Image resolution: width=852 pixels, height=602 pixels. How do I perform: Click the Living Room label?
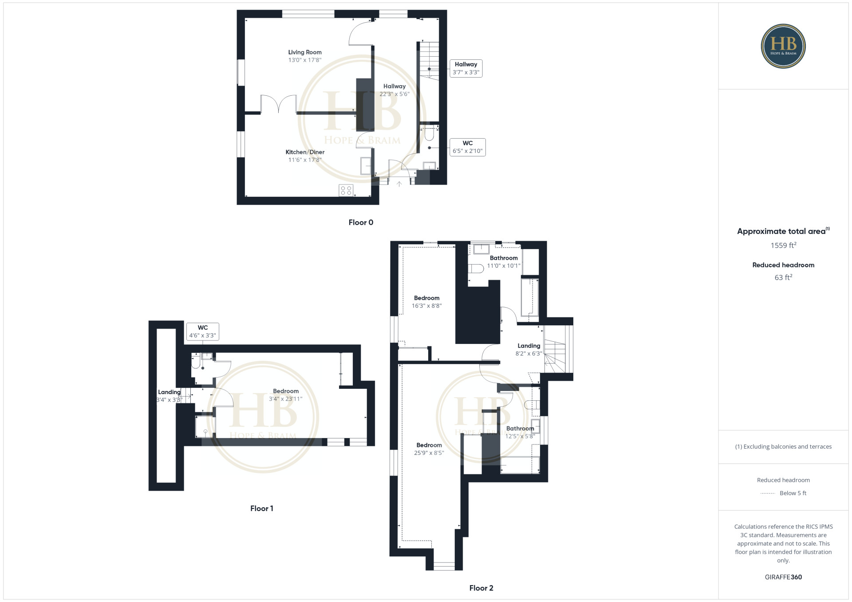point(305,52)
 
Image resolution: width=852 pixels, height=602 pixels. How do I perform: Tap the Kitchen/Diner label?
point(305,152)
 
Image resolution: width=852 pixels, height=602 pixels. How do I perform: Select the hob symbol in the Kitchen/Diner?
point(346,191)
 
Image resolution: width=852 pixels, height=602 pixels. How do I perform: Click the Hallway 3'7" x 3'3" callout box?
point(466,68)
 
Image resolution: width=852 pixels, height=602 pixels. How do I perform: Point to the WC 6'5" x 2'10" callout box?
point(468,147)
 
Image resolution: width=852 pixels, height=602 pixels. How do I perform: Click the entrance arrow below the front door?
point(399,184)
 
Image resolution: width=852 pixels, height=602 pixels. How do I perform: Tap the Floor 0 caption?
point(361,223)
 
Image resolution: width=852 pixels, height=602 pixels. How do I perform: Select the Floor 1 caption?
point(262,508)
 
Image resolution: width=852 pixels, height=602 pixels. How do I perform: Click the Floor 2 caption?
point(481,588)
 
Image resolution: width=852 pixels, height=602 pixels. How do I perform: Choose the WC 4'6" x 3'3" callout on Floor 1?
point(203,332)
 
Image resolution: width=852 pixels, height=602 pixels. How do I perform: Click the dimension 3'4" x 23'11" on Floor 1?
point(286,399)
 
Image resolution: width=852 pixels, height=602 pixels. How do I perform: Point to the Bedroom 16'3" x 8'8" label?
point(427,302)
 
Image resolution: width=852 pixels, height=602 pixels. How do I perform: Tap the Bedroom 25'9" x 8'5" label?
point(429,449)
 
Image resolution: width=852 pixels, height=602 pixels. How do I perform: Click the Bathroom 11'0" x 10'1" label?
point(504,262)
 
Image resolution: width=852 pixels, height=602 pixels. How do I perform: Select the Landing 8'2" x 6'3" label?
point(529,350)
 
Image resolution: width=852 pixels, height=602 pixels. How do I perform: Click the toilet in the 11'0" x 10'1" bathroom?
point(476,269)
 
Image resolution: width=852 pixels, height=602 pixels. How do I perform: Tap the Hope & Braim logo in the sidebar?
point(783,46)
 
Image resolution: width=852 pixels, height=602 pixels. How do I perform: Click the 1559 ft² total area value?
point(783,245)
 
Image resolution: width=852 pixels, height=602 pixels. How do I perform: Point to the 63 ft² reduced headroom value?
point(783,278)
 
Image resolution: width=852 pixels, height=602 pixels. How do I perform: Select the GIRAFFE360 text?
point(783,577)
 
